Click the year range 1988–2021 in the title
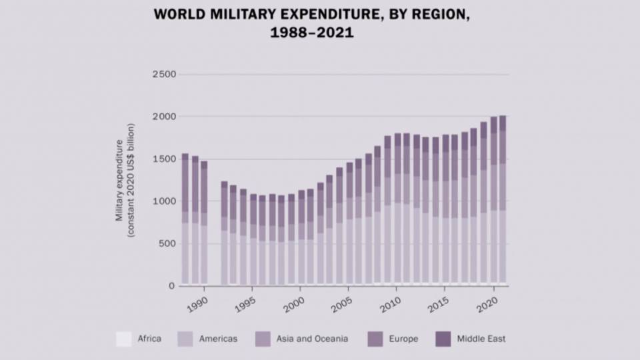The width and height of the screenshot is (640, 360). [312, 32]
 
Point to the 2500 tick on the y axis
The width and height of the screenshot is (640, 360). [163, 74]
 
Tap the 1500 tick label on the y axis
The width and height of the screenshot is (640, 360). [163, 159]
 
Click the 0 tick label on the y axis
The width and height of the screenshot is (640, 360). [171, 286]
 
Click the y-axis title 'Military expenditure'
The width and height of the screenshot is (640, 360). [120, 180]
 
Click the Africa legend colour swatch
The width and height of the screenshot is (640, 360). [123, 339]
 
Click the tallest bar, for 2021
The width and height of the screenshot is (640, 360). [503, 200]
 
